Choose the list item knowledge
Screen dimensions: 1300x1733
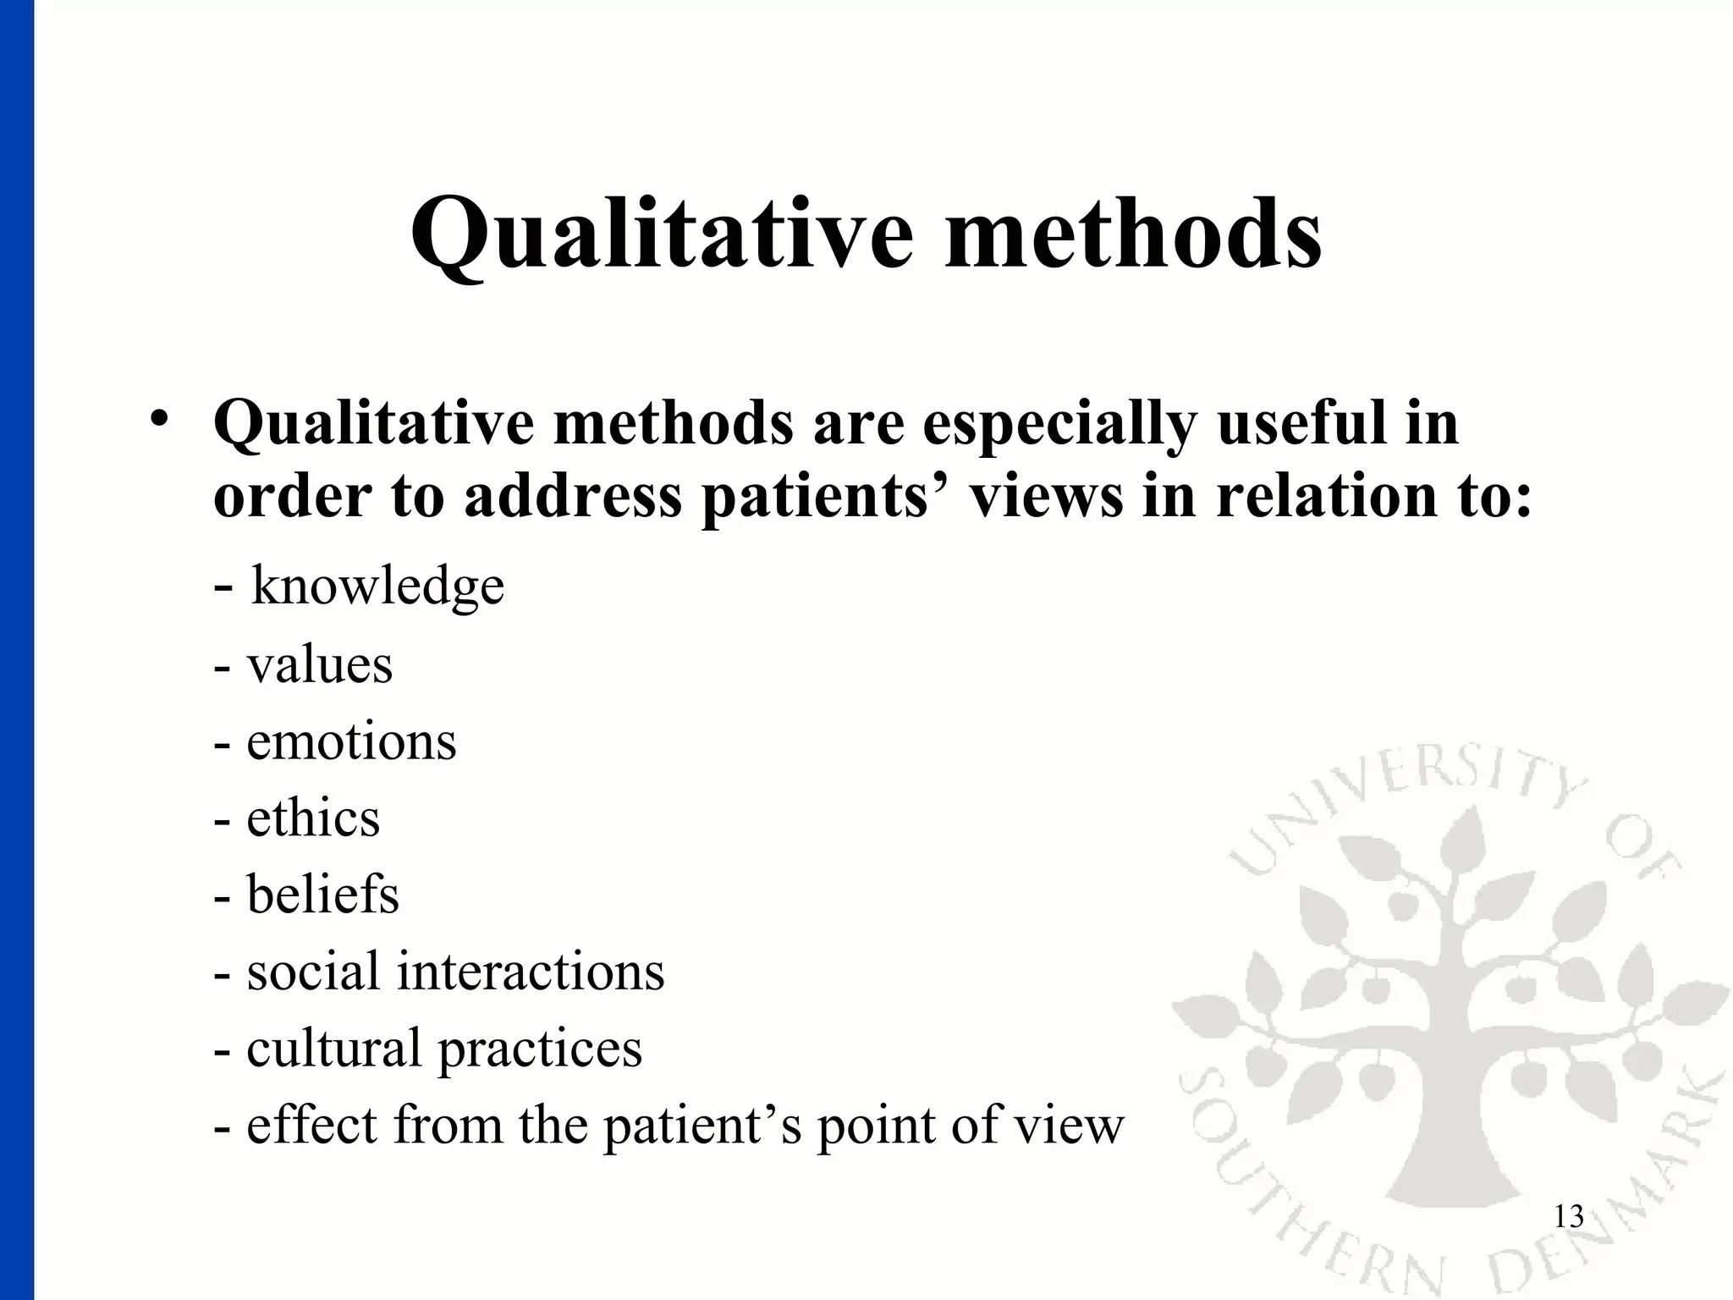coord(377,586)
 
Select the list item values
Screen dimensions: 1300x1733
coord(320,664)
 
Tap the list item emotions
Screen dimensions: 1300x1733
coord(351,741)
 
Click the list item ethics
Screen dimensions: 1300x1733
coord(313,818)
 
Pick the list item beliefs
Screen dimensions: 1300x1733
coord(322,895)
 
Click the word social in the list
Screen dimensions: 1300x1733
coord(312,971)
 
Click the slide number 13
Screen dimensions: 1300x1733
coord(1569,1217)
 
